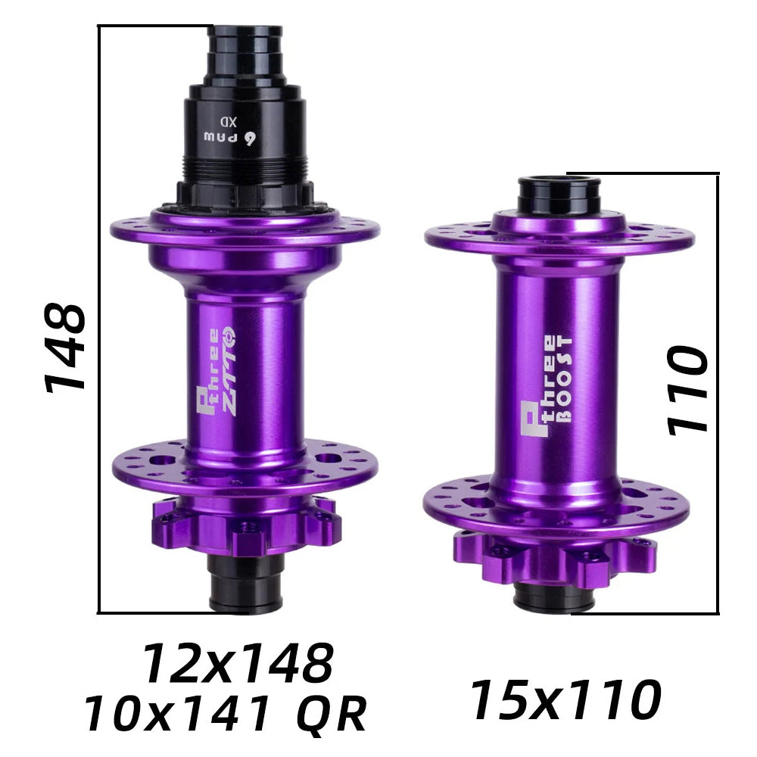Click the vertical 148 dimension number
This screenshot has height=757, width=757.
65,346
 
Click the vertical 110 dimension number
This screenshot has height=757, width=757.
687,389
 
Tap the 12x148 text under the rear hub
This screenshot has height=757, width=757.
238,663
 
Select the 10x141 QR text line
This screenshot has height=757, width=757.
226,714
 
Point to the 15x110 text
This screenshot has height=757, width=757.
565,699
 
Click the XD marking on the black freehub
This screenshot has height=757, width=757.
229,120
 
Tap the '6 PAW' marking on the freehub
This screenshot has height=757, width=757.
230,138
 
